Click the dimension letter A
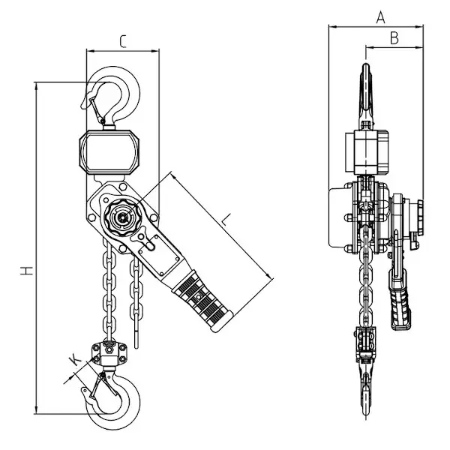point(380,17)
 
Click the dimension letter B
point(394,38)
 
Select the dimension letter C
point(123,41)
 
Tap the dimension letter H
point(27,270)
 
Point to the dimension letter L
point(226,220)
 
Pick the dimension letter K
point(75,359)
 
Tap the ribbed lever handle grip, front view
point(202,301)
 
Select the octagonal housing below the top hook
point(109,151)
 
